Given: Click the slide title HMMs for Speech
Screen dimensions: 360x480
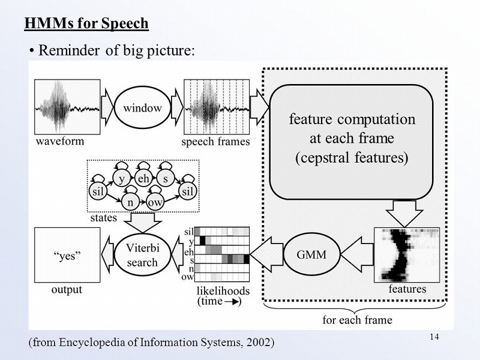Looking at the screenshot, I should [86, 23].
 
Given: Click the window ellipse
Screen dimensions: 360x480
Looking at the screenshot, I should [142, 109].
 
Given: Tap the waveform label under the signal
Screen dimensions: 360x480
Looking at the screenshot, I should [60, 142].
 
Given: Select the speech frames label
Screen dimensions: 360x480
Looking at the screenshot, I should [215, 142].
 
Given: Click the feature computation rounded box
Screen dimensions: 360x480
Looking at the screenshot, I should [352, 139].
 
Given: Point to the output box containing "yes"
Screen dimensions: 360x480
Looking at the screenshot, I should [68, 255].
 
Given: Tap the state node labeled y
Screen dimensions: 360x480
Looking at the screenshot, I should [122, 179].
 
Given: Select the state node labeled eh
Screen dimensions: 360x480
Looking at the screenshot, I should [144, 179].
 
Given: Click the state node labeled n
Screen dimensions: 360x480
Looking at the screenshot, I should [130, 202].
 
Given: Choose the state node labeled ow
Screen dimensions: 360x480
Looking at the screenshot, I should [155, 202].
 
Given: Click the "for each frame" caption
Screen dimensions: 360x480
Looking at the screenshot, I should [357, 320].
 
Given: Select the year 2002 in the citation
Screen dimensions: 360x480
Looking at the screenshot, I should [258, 343].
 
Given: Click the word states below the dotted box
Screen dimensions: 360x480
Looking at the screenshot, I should [103, 218].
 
